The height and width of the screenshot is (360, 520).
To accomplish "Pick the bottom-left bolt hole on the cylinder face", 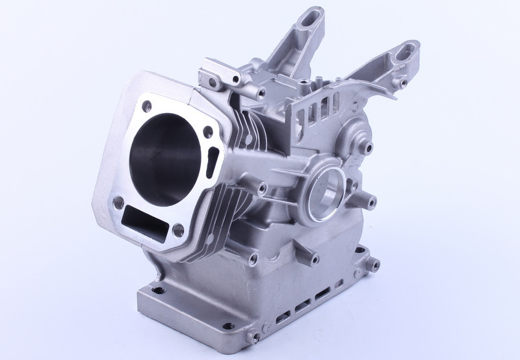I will pyautogui.click(x=118, y=203).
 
